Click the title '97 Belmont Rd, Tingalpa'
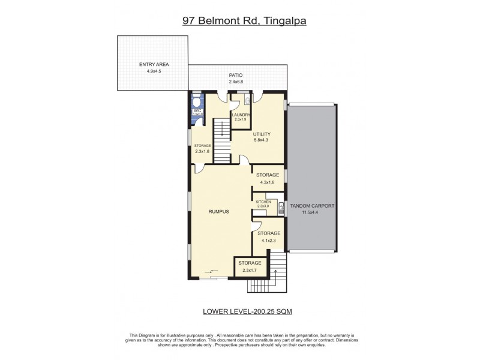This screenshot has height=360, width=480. click(240, 21)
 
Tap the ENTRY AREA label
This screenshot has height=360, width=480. click(154, 65)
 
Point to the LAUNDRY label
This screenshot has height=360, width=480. click(241, 115)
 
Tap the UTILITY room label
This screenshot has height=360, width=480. click(262, 134)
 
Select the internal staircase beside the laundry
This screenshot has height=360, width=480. click(222, 138)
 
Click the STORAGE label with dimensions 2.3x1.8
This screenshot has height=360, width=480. click(202, 145)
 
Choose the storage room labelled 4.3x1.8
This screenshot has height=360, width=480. click(268, 178)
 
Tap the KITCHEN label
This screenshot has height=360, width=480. click(263, 202)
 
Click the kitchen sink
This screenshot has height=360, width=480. click(280, 208)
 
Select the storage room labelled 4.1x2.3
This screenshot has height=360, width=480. click(269, 236)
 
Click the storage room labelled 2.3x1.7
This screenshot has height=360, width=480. click(250, 266)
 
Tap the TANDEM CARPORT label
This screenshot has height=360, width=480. click(312, 206)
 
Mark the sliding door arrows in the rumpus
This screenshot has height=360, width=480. click(212, 272)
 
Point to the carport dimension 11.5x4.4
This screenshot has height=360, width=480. click(312, 212)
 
